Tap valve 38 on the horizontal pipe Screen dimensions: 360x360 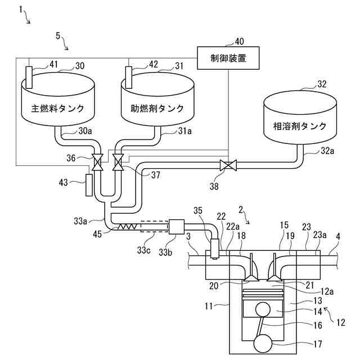(x=228, y=165)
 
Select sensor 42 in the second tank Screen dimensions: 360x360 (x=128, y=76)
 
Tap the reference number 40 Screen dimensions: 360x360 (x=239, y=41)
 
